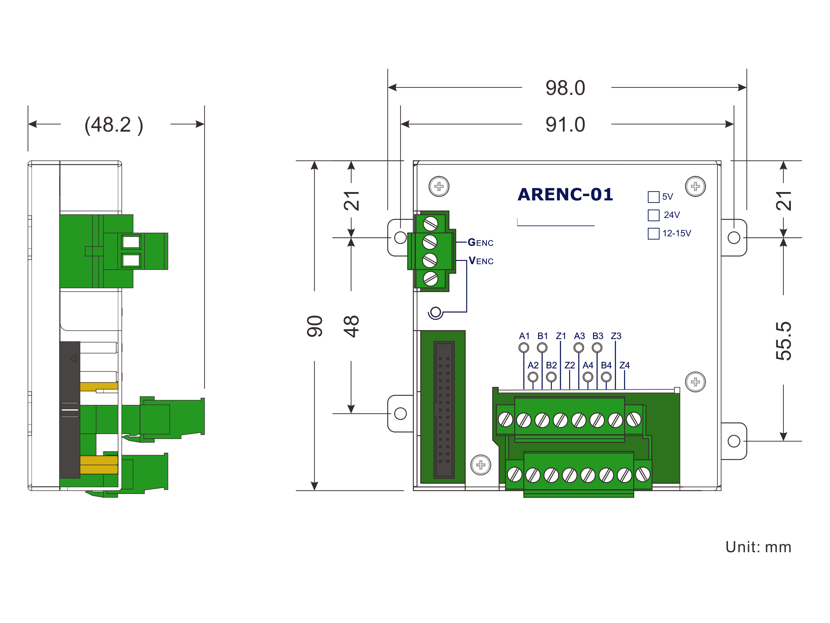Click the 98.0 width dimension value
[x=565, y=88]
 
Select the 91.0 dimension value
[x=565, y=125]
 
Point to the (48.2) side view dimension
[x=114, y=125]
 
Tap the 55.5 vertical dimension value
[x=783, y=341]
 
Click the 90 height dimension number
[x=315, y=326]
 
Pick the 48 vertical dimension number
[x=351, y=326]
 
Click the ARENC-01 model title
[x=565, y=195]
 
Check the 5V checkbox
[x=653, y=197]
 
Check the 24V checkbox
[x=653, y=215]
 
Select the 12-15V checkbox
[x=653, y=233]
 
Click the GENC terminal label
[x=480, y=242]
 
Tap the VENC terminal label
[x=481, y=261]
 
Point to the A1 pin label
[x=524, y=336]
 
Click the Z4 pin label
[x=624, y=365]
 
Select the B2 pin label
[x=551, y=365]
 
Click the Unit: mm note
[x=758, y=547]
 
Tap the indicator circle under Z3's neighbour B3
[x=597, y=348]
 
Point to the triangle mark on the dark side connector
[x=74, y=359]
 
